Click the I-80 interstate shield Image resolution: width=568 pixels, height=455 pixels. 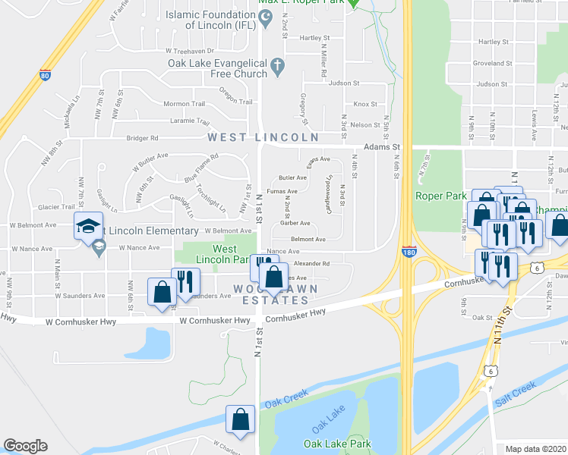[45, 76]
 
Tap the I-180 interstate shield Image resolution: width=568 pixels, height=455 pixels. [409, 252]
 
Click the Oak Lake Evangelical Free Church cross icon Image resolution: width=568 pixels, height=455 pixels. [276, 67]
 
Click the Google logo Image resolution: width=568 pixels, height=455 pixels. [25, 446]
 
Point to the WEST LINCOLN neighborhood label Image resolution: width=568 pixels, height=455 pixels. [263, 137]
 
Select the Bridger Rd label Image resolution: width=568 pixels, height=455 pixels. [143, 138]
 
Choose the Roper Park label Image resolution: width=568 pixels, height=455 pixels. [440, 196]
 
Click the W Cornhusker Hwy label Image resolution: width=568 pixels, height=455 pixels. [216, 321]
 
